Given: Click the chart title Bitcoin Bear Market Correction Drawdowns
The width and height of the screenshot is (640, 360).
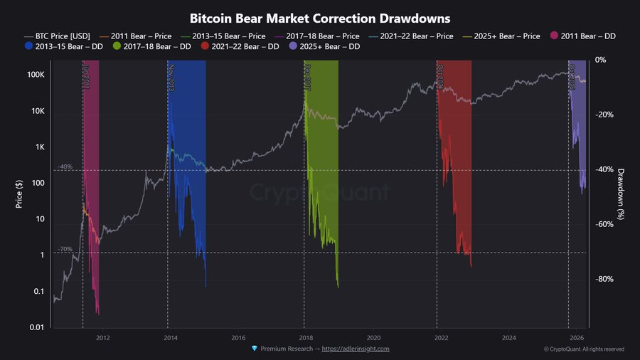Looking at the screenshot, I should (320, 16).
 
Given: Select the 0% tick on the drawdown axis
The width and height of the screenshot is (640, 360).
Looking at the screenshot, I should (602, 60).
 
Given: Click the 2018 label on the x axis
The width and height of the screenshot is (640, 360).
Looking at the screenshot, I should (306, 337).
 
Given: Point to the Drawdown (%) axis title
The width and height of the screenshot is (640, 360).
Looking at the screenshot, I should (621, 194).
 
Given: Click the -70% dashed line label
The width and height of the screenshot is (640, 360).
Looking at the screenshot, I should (65, 249).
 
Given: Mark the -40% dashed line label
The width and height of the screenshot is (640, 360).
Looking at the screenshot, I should (65, 166).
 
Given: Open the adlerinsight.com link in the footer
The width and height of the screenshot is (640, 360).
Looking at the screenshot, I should (356, 349).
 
